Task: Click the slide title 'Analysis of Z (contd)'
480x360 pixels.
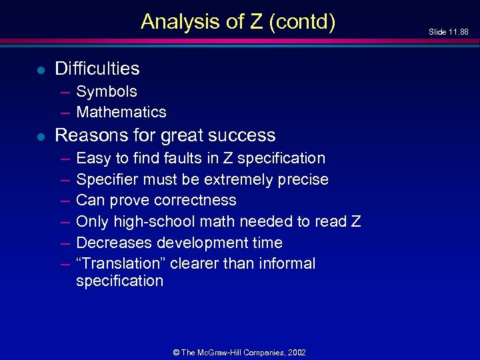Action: point(238,22)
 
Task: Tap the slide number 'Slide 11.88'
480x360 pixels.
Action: point(448,31)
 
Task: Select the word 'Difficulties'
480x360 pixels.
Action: point(97,69)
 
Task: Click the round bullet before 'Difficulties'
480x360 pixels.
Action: point(40,69)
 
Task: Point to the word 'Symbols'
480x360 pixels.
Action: point(107,92)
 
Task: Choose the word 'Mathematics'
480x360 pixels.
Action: point(121,112)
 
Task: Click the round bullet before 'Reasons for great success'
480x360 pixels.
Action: point(40,136)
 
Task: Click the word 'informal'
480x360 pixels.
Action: point(287,263)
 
